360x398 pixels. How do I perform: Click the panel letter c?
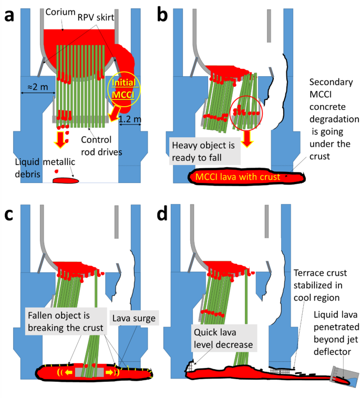pyautogui.click(x=9, y=212)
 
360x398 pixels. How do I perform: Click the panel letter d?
pyautogui.click(x=162, y=212)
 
